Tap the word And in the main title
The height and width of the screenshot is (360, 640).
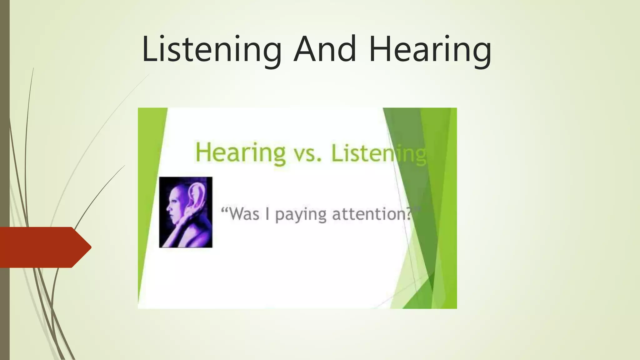tap(325, 49)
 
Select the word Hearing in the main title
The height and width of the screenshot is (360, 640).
tap(430, 49)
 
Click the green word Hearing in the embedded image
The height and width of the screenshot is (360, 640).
tap(240, 153)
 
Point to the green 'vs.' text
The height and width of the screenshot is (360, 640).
tap(308, 154)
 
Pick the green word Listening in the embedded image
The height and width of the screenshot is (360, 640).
tap(378, 153)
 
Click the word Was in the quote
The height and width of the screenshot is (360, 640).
tap(244, 214)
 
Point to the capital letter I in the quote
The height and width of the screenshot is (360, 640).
tap(267, 214)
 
